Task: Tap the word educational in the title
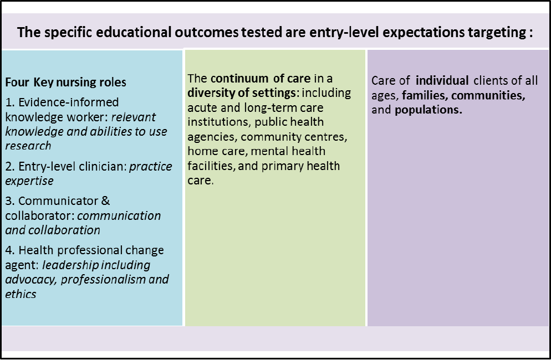134,32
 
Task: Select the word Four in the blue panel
17,82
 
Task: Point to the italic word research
28,146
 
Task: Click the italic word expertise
29,181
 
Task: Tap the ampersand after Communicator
105,201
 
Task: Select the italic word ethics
21,294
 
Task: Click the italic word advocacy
31,280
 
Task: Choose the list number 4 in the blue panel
9,250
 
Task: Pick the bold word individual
442,81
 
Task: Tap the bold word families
425,95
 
